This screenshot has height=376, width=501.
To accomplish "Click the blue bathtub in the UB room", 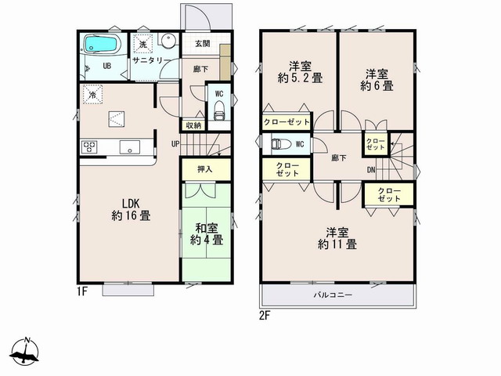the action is point(101,44).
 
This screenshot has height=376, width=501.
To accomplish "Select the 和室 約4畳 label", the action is point(207,233).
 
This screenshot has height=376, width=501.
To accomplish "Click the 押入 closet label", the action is point(205,169).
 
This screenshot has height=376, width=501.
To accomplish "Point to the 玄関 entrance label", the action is point(202,44).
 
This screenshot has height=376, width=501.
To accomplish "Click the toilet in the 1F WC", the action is point(219,110).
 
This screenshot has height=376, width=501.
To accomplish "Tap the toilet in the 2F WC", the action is point(281,144).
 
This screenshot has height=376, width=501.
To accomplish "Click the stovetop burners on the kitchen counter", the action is point(89,146).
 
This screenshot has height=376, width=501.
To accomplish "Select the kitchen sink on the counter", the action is point(130,147).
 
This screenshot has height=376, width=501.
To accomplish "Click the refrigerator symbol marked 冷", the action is point(92,94).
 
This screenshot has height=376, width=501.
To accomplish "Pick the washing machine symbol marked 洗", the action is point(142,44).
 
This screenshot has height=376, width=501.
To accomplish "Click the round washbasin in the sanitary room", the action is point(168,41).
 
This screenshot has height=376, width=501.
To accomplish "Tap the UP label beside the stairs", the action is point(175,144).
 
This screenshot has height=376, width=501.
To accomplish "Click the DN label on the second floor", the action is point(371,170).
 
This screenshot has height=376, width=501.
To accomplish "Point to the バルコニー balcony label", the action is point(333,295).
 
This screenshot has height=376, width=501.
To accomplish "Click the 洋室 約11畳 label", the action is point(337,238).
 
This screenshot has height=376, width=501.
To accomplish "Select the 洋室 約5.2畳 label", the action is point(301,72).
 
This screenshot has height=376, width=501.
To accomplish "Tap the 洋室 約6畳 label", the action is point(377,80).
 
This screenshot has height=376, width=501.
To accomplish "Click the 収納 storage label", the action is point(193,125).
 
